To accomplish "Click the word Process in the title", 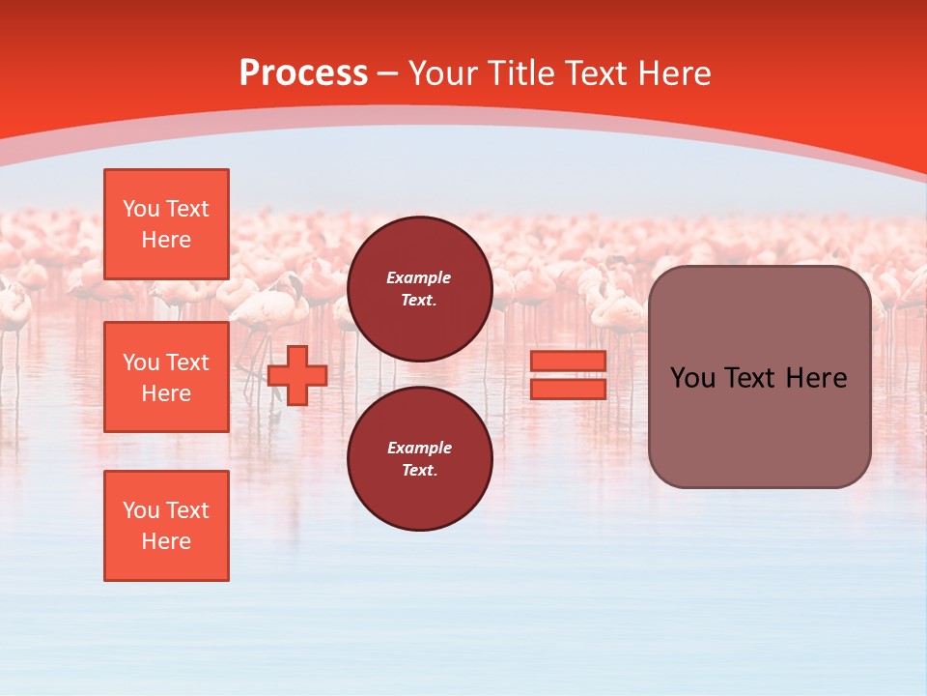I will [x=303, y=73].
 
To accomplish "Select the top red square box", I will [x=166, y=224].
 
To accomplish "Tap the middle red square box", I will [x=166, y=377].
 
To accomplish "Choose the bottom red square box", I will [x=166, y=526].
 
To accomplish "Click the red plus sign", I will [x=297, y=375].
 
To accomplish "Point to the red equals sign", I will [x=568, y=375].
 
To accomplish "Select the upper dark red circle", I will [x=419, y=289].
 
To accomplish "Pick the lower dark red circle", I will [x=419, y=458].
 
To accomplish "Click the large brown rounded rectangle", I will [x=759, y=377].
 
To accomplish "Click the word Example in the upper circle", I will [x=419, y=278].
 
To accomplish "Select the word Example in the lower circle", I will [x=419, y=448].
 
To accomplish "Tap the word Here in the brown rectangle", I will [x=816, y=378].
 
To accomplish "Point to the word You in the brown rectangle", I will [x=691, y=378].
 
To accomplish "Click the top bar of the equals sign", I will [x=568, y=361].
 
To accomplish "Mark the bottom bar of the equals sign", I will [x=568, y=389].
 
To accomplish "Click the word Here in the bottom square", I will [x=166, y=541].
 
